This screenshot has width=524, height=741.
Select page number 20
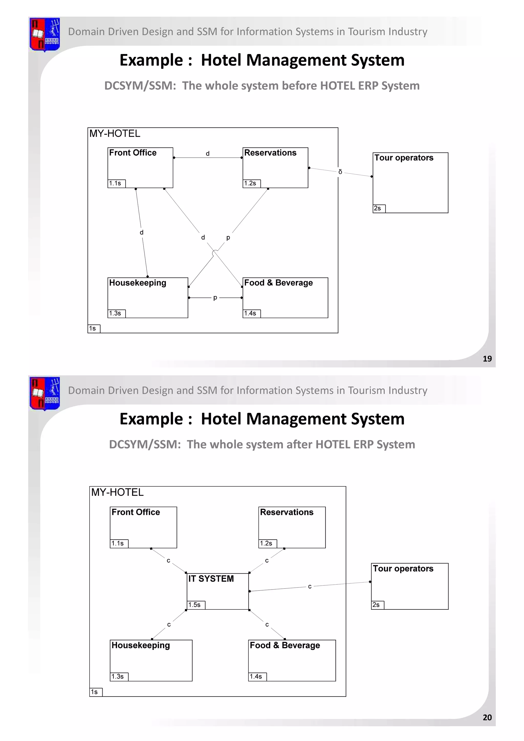(487, 717)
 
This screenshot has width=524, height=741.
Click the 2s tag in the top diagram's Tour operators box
(377, 209)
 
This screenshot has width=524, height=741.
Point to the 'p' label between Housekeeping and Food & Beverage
(215, 298)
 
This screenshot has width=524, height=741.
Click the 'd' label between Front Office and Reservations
(208, 154)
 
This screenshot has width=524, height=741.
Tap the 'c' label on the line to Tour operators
(310, 586)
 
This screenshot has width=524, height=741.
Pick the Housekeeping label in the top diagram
(137, 283)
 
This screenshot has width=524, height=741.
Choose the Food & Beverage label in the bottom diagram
(285, 645)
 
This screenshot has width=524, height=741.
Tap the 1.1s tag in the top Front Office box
(115, 183)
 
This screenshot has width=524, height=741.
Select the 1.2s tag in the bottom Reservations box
(266, 543)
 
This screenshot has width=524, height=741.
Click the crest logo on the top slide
(45, 34)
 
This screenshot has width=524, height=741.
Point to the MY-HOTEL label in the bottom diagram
(117, 492)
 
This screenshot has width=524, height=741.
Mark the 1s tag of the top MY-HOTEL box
(93, 329)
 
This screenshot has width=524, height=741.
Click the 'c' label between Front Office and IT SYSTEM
(168, 561)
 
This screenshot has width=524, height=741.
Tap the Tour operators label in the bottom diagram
(403, 568)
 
